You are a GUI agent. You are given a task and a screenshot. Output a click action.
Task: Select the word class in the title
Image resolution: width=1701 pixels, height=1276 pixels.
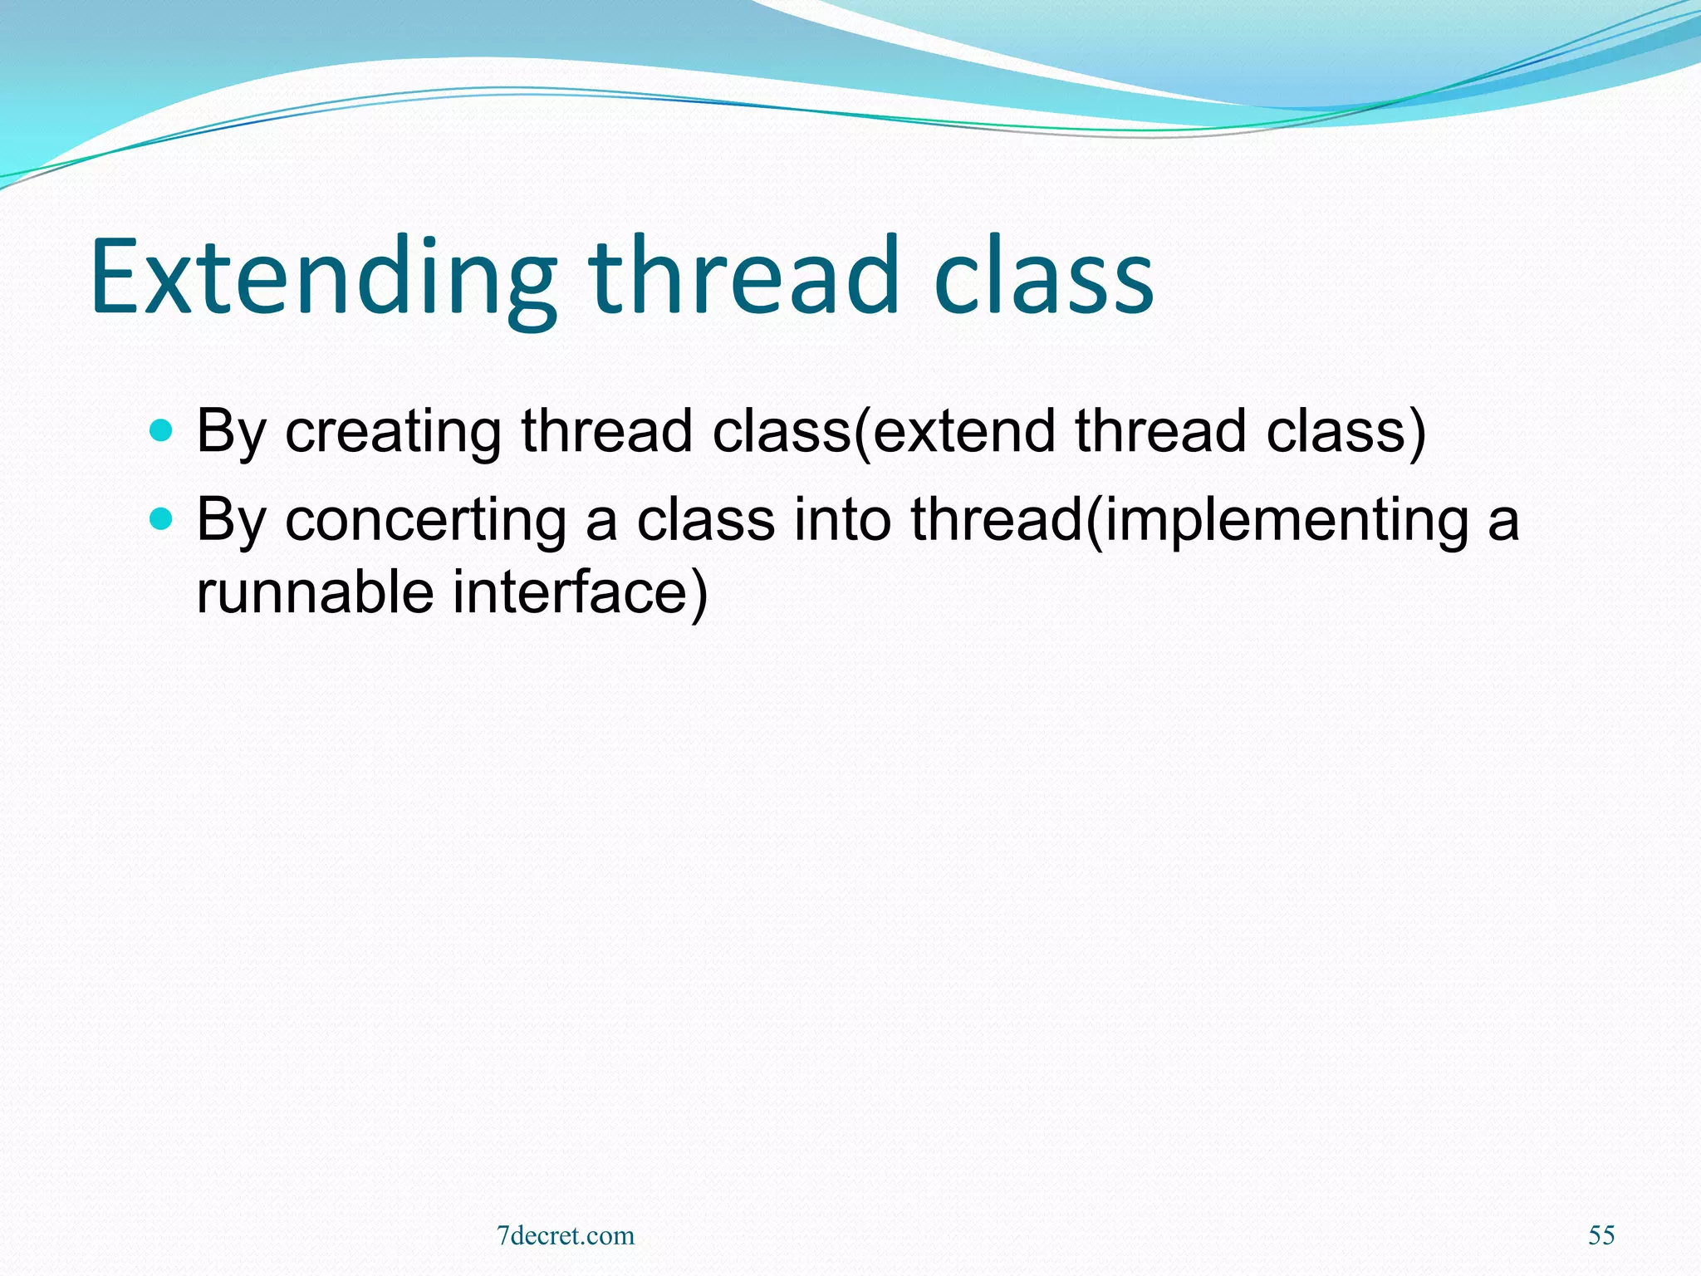click(1043, 278)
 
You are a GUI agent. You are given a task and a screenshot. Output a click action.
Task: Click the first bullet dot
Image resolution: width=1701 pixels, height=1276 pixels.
click(160, 431)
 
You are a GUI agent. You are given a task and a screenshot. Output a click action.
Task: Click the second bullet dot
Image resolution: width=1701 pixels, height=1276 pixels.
click(160, 520)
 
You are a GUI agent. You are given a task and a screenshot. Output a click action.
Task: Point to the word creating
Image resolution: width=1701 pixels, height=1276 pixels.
click(393, 432)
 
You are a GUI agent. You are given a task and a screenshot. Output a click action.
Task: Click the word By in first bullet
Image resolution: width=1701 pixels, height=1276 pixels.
click(230, 432)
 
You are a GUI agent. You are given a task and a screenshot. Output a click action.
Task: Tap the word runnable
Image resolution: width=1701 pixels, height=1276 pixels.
click(315, 592)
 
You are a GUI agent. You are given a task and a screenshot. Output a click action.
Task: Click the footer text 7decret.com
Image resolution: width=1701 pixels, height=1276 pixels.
click(566, 1235)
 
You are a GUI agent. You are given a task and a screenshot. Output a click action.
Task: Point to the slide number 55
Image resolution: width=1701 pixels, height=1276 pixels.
click(1601, 1235)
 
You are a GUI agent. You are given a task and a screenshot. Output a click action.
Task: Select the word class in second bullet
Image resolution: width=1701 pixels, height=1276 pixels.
click(705, 520)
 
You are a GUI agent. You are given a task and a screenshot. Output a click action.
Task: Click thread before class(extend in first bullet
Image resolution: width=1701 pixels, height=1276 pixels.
click(607, 432)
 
